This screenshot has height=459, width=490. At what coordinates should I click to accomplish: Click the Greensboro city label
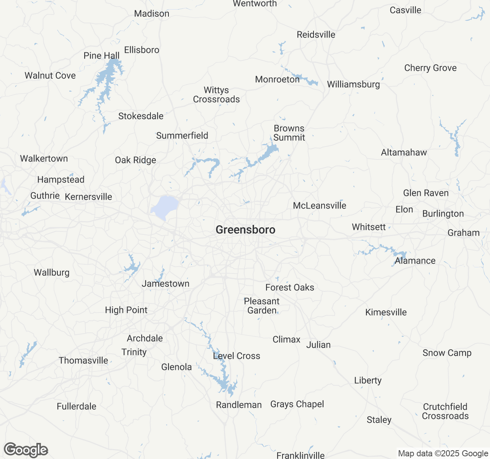[245, 230]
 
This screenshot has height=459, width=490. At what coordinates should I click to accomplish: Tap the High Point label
[126, 310]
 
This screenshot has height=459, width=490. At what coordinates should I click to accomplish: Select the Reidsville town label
[316, 35]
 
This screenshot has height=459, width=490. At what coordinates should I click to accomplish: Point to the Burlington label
[443, 214]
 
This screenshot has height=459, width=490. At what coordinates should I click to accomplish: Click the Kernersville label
[88, 197]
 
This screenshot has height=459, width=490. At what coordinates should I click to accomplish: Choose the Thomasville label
[83, 361]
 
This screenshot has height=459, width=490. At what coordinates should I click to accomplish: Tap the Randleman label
[239, 405]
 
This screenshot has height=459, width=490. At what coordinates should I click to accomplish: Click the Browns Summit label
[289, 133]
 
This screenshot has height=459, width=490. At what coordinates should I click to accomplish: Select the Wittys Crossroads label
[216, 95]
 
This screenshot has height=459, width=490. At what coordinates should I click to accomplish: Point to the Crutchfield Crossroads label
[445, 412]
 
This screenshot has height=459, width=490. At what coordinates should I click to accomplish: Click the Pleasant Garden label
[262, 306]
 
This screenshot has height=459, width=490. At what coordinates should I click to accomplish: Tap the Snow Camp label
[447, 353]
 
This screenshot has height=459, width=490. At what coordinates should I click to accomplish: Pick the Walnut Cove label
[50, 76]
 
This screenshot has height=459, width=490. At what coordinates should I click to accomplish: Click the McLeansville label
[319, 206]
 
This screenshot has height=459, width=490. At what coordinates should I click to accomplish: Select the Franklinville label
[301, 455]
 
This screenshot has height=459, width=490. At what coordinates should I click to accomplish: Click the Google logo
[26, 450]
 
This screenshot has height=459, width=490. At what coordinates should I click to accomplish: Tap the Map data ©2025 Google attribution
[443, 454]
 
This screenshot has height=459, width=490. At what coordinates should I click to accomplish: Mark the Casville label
[405, 10]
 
